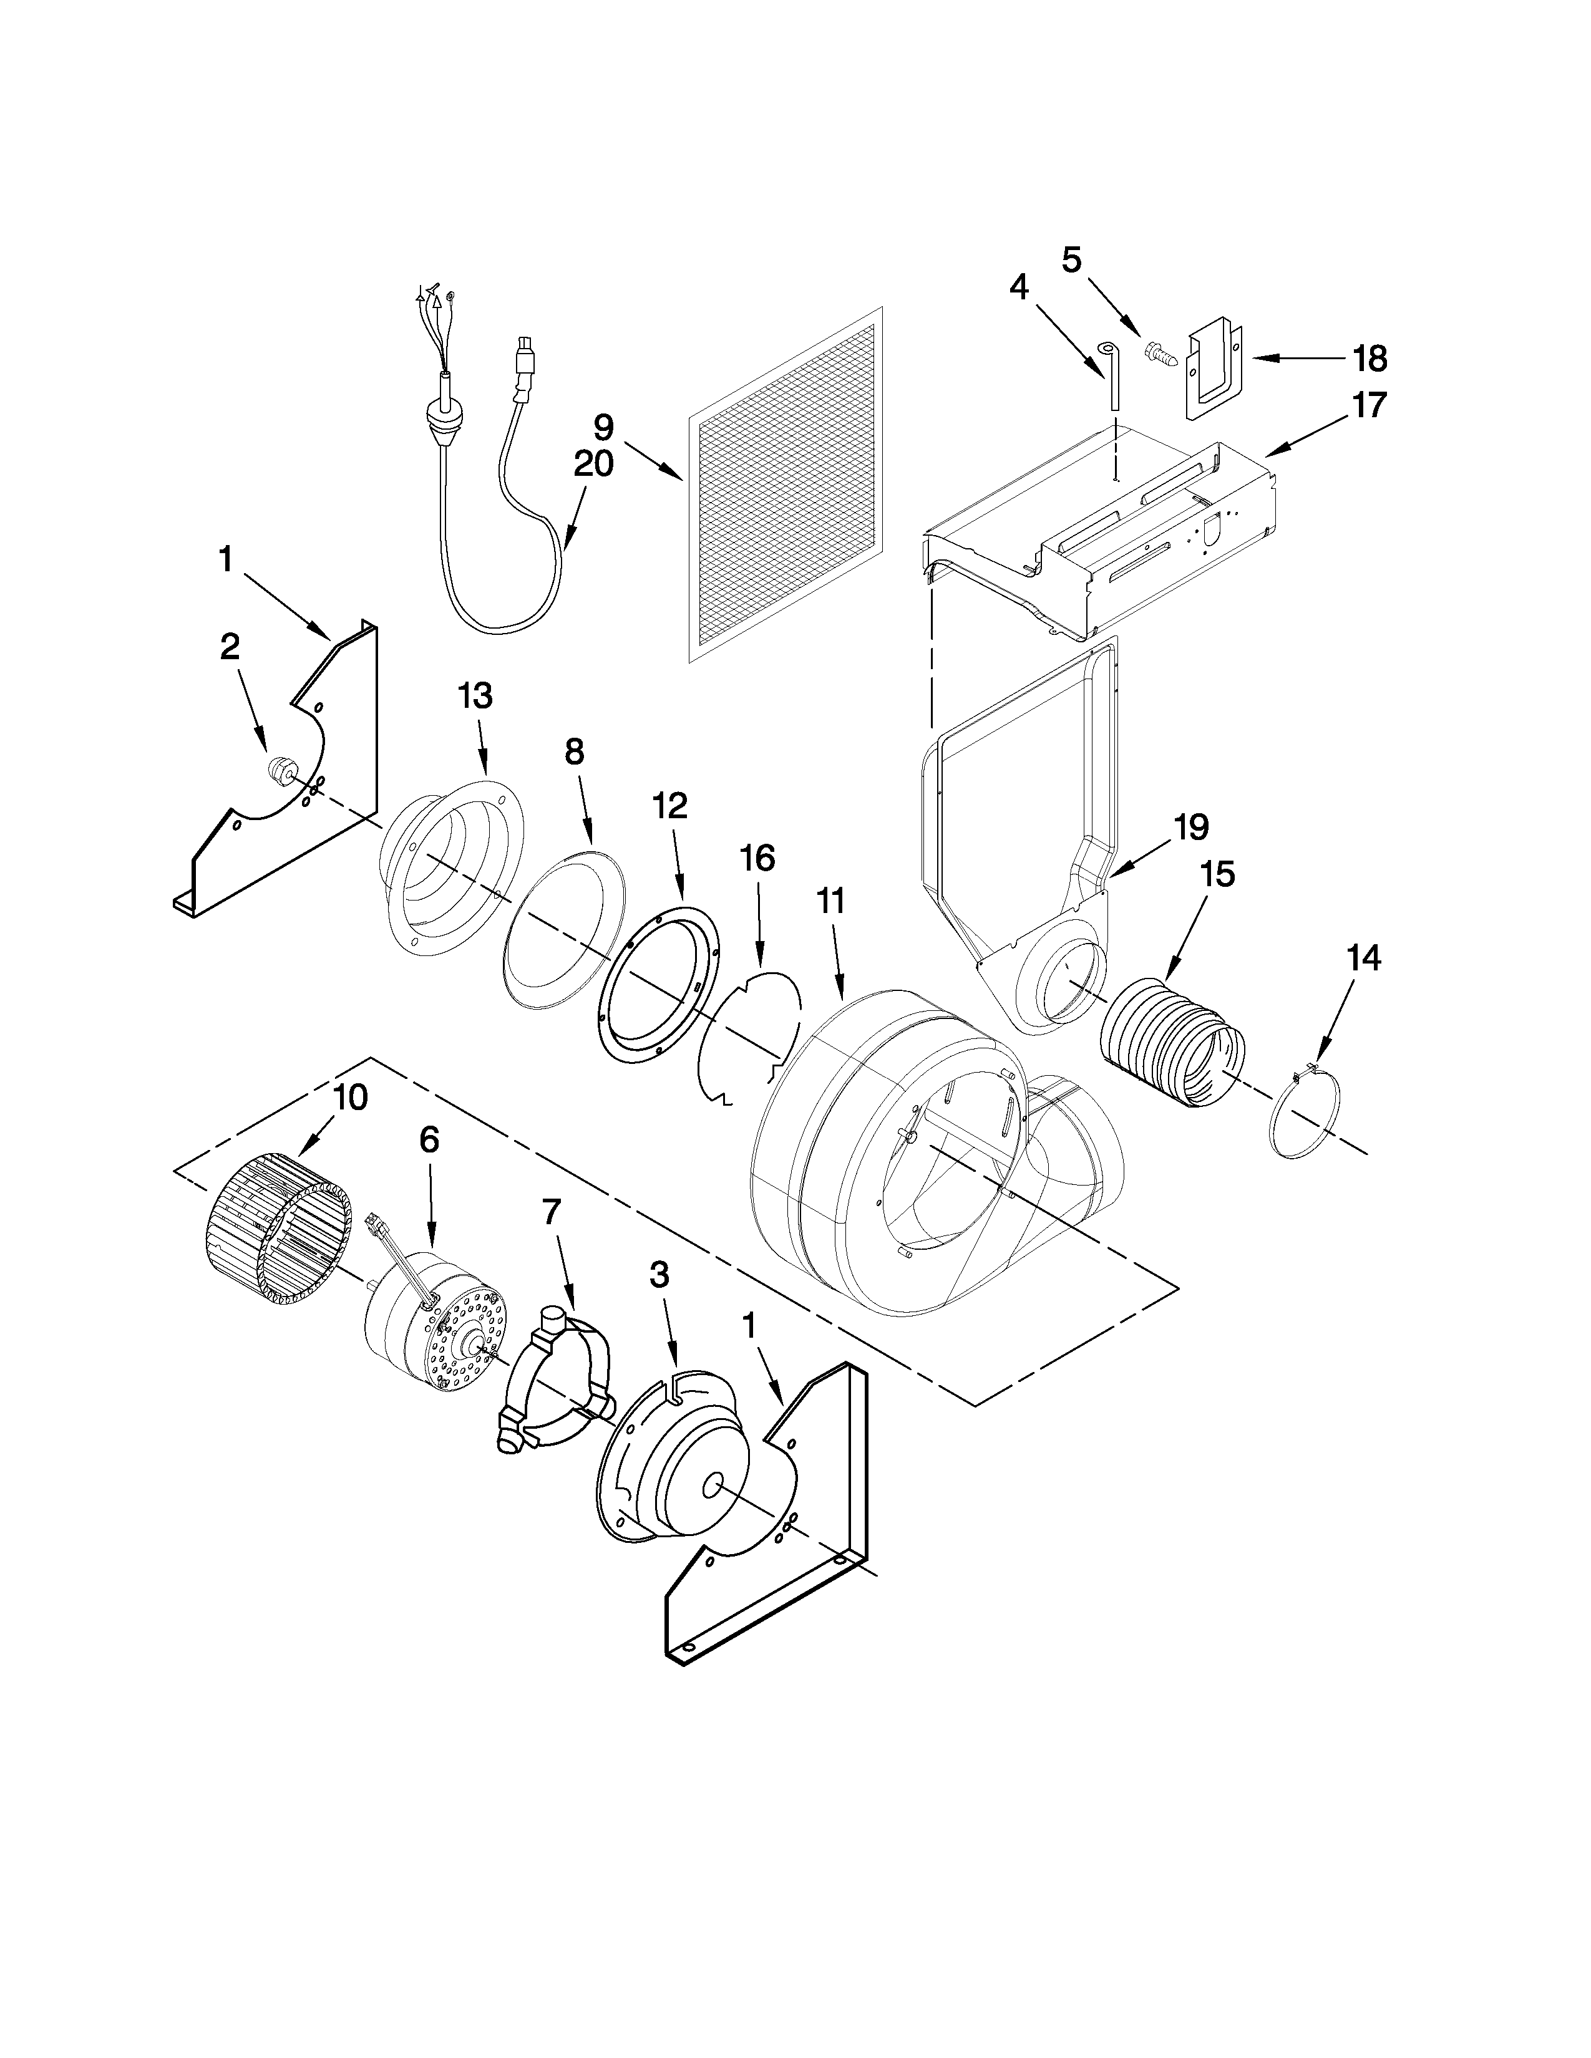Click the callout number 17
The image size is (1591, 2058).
[x=1368, y=405]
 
